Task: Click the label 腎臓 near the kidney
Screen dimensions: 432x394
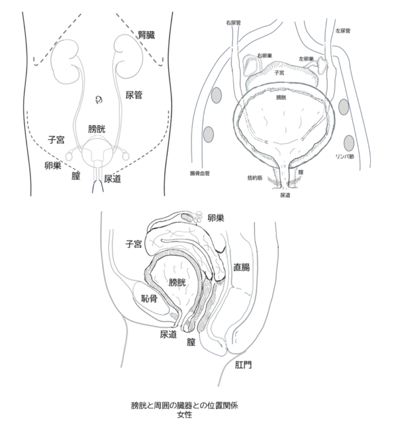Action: click(x=146, y=35)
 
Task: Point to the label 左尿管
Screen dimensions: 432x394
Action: click(x=343, y=31)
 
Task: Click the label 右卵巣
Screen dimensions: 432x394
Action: click(x=264, y=55)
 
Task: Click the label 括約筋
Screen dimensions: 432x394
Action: click(x=256, y=178)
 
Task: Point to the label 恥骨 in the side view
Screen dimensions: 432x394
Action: click(x=148, y=299)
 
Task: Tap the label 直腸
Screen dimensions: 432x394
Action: click(x=241, y=267)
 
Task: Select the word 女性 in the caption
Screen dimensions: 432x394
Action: click(x=185, y=415)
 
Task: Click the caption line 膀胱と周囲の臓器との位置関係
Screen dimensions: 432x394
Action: click(x=185, y=406)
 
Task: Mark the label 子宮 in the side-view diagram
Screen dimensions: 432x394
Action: click(x=133, y=243)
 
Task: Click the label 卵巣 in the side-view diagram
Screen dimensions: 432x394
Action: click(x=216, y=218)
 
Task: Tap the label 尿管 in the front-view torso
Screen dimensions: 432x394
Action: click(x=134, y=95)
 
